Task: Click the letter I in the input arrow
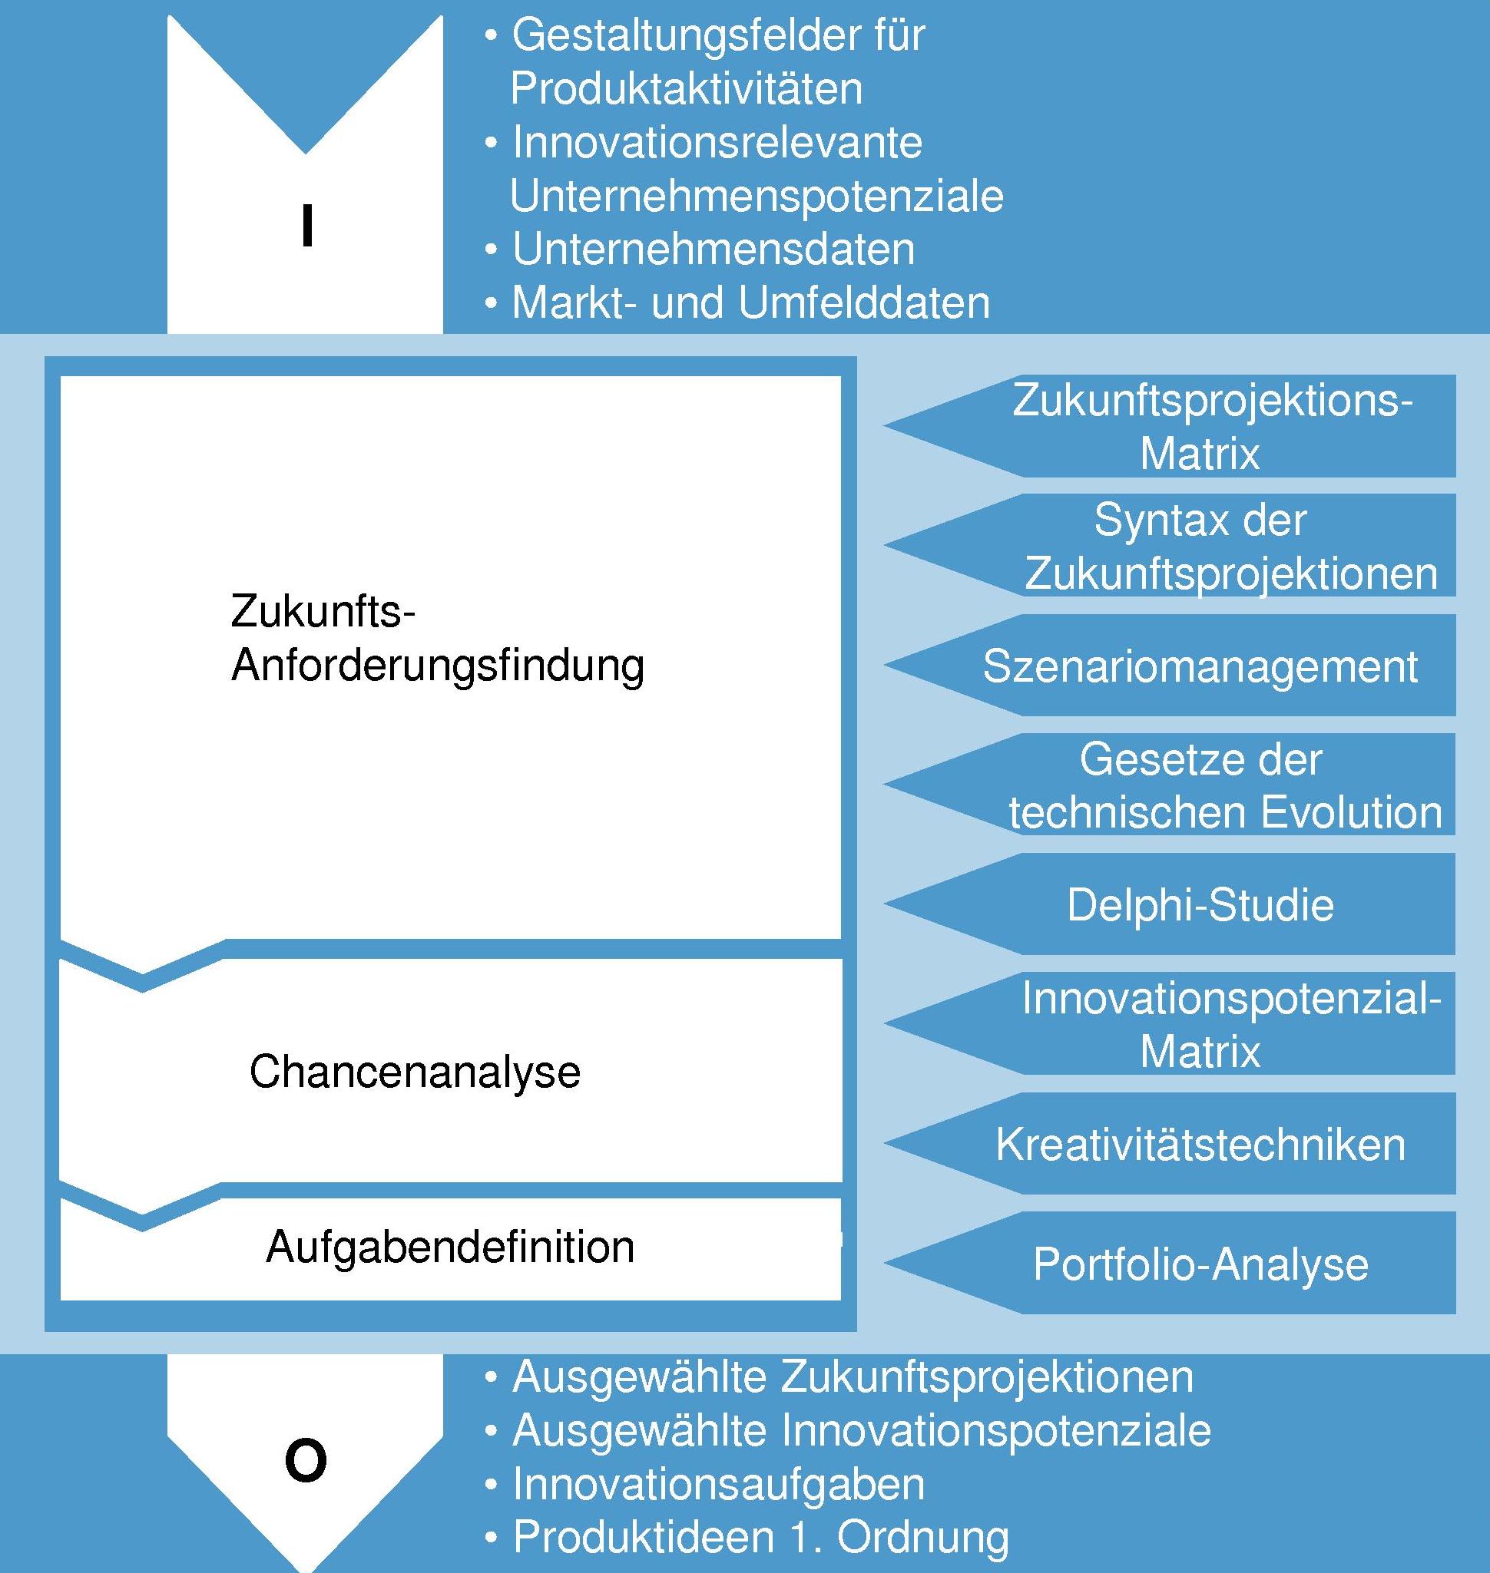click(306, 226)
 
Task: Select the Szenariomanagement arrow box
click(1170, 666)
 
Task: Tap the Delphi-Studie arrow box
click(1170, 904)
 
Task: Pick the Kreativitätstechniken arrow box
click(1170, 1143)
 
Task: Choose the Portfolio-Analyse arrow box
click(1170, 1264)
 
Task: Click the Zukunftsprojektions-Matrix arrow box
click(1170, 426)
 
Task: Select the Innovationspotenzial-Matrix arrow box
click(1170, 1023)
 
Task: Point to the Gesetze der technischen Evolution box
click(1170, 785)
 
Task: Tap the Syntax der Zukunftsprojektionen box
click(1170, 546)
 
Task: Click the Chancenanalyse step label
click(415, 1072)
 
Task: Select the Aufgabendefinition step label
click(450, 1247)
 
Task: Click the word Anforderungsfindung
click(438, 666)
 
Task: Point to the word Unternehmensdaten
click(714, 249)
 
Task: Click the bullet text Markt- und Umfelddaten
click(750, 303)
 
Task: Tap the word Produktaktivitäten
click(686, 88)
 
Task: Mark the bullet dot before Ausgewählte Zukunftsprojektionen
click(492, 1379)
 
